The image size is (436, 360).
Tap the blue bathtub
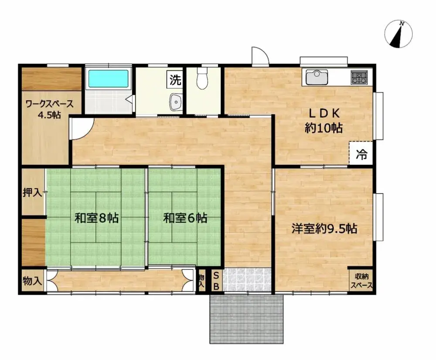click(109, 78)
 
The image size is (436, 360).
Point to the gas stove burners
click(360, 78)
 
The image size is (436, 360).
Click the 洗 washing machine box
click(175, 80)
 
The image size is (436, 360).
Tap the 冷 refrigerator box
click(361, 154)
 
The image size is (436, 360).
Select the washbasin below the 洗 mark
click(176, 102)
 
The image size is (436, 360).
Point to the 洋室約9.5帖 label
click(324, 228)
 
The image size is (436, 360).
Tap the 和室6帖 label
click(185, 218)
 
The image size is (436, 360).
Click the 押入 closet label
click(33, 192)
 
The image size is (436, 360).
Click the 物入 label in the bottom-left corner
click(33, 281)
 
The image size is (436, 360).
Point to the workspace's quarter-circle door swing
click(81, 129)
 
